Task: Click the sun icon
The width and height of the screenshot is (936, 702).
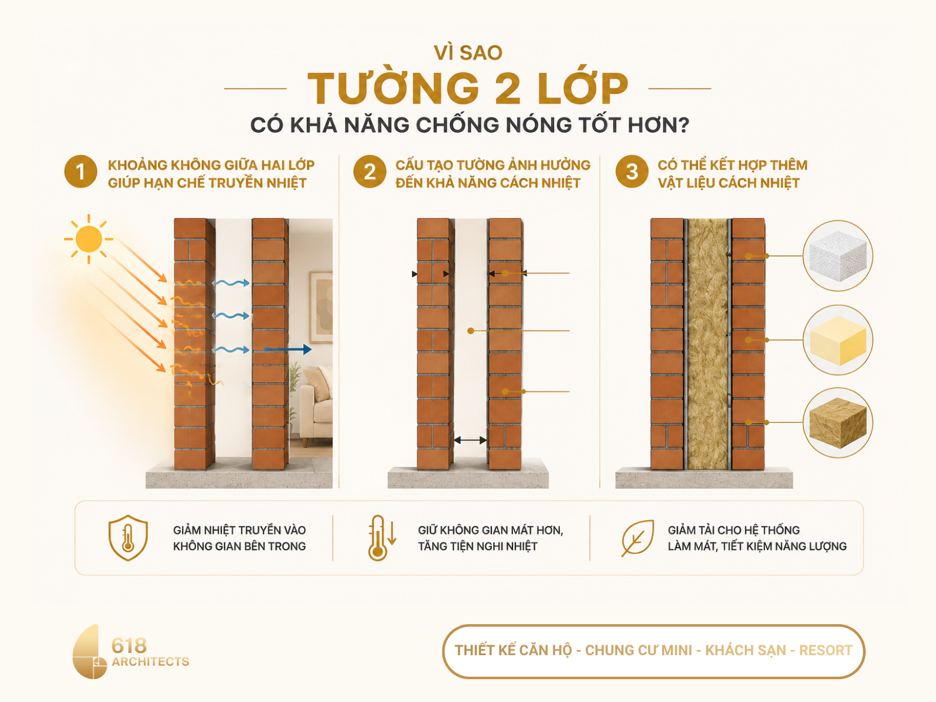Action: tap(89, 239)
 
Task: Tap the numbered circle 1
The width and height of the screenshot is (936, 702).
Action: tap(81, 172)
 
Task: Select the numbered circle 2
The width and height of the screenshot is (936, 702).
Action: tap(370, 172)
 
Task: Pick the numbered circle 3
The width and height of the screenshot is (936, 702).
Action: tap(632, 172)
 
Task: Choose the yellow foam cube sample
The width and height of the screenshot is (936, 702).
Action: tap(838, 340)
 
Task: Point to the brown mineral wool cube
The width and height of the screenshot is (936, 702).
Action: tap(838, 423)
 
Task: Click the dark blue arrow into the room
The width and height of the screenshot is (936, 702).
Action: tap(288, 349)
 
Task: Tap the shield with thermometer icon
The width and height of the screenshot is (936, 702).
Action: tap(128, 538)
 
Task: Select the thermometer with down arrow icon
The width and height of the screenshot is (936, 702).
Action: tap(381, 538)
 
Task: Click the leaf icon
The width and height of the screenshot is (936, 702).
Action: tap(638, 538)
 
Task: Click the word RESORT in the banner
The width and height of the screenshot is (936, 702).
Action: tap(825, 651)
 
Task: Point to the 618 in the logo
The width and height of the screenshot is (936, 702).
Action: tap(129, 646)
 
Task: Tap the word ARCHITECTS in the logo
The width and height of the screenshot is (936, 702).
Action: tap(150, 662)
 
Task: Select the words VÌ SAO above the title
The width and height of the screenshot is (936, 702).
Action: tap(468, 53)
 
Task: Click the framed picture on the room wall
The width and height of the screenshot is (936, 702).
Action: tap(321, 307)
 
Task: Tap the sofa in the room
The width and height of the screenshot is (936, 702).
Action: tap(316, 407)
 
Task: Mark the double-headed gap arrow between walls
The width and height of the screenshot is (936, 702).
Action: tap(470, 441)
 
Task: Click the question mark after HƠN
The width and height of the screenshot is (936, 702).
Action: tap(682, 125)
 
